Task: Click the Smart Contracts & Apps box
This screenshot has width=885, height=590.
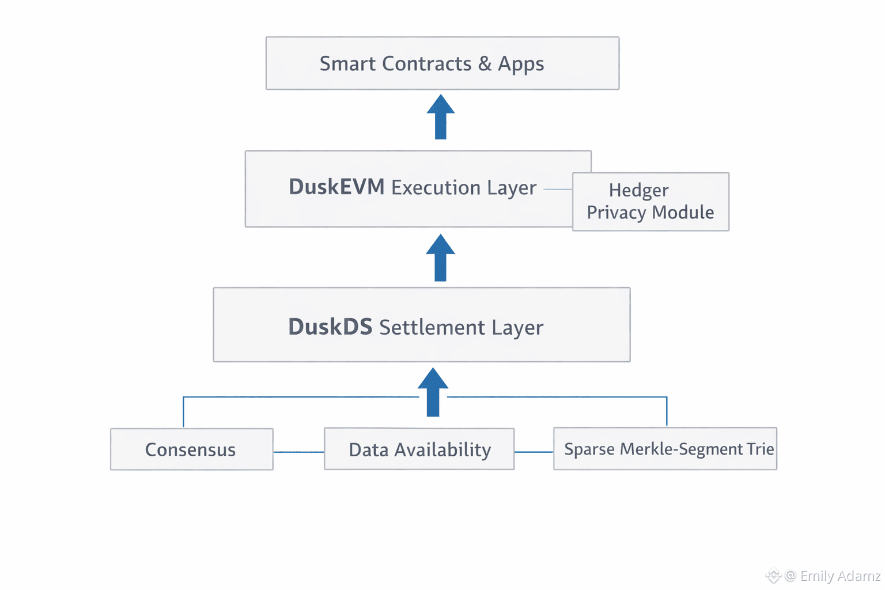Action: click(x=442, y=63)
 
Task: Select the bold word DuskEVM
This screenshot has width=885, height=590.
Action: click(x=336, y=187)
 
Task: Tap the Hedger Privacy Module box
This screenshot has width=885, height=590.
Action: click(x=650, y=202)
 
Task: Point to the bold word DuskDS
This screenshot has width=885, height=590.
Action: click(x=330, y=327)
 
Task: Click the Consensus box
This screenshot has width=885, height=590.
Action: click(x=191, y=449)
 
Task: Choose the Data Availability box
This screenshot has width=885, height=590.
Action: click(x=419, y=449)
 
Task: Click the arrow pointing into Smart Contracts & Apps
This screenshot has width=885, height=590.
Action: click(x=441, y=117)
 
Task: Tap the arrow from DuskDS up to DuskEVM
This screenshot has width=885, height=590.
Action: click(x=441, y=258)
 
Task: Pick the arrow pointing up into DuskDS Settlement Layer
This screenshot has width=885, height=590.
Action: click(x=433, y=392)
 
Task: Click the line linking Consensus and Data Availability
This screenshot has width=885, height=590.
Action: click(x=298, y=452)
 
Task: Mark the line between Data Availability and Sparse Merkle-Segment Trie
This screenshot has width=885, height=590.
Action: click(x=534, y=452)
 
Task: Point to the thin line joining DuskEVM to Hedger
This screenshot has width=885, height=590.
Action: click(x=557, y=189)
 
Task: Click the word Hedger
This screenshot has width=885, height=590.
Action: click(x=638, y=191)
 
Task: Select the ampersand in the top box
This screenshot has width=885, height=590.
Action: click(x=485, y=63)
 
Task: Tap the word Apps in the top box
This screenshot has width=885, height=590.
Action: click(x=521, y=65)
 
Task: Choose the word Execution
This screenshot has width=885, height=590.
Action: click(x=436, y=188)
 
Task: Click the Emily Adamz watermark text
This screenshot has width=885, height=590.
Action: click(x=839, y=576)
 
